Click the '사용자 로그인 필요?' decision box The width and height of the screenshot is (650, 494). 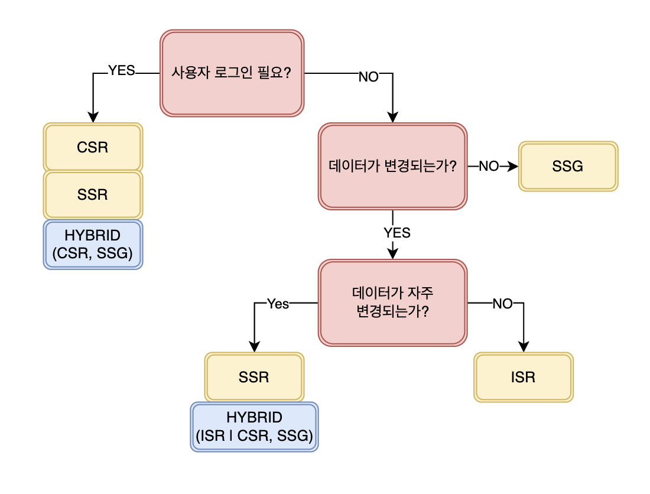click(232, 73)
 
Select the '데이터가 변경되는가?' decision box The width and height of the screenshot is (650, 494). click(392, 166)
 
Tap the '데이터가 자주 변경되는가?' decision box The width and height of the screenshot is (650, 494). click(392, 303)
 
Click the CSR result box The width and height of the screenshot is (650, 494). click(93, 147)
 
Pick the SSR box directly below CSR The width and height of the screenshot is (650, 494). click(93, 194)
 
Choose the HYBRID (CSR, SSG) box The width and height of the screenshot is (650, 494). click(93, 245)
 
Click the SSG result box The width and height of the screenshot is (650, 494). click(568, 166)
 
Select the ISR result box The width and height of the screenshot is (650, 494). click(524, 377)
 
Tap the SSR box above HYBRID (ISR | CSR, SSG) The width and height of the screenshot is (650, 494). click(254, 377)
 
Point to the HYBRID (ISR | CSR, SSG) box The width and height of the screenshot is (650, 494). click(254, 427)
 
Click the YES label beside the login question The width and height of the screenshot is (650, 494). click(122, 70)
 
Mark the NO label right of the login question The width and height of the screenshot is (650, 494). click(369, 77)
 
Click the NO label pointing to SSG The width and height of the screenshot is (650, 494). click(489, 166)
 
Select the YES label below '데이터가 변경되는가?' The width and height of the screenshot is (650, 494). click(397, 233)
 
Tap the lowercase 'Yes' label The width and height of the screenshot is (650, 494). click(278, 304)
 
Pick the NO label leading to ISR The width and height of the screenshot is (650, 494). click(502, 304)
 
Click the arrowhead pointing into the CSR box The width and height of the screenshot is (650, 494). click(93, 117)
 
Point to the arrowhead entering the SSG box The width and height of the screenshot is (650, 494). click(513, 166)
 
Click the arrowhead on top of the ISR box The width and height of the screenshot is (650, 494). click(524, 347)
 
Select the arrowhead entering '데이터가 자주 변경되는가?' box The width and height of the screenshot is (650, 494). click(392, 253)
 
